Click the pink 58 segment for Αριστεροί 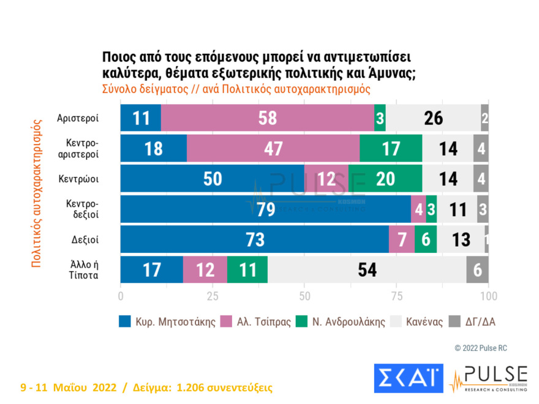pyautogui.click(x=268, y=118)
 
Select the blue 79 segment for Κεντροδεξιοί pyautogui.click(x=265, y=209)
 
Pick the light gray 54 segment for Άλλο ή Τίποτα pyautogui.click(x=367, y=269)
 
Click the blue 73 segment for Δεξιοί pyautogui.click(x=254, y=239)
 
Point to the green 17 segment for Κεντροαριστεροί pyautogui.click(x=390, y=149)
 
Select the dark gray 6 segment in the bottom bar pyautogui.click(x=477, y=269)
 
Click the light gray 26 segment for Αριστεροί pyautogui.click(x=433, y=118)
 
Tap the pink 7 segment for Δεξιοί pyautogui.click(x=402, y=239)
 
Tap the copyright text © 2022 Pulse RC pyautogui.click(x=481, y=348)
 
